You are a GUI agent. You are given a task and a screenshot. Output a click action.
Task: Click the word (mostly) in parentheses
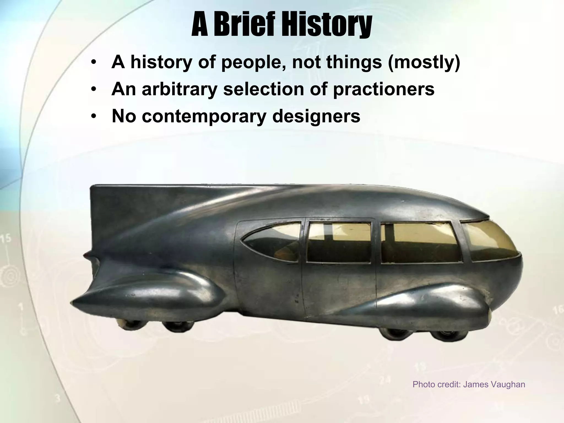pyautogui.click(x=424, y=63)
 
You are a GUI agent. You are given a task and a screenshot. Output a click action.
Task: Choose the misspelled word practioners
pyautogui.click(x=384, y=89)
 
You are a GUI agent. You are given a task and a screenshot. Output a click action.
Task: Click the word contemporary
pyautogui.click(x=204, y=116)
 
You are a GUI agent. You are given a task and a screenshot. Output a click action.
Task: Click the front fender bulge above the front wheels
pyautogui.click(x=430, y=303)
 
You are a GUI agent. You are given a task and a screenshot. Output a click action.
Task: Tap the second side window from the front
pyautogui.click(x=419, y=242)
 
